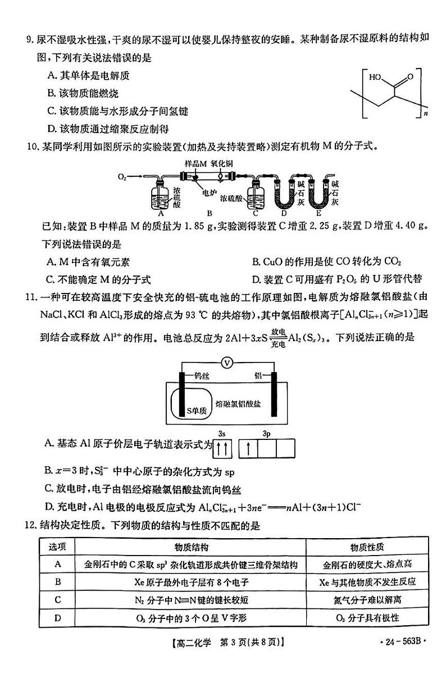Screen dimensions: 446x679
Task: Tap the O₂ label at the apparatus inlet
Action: coord(122,177)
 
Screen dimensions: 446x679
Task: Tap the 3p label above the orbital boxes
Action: coord(266,433)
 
